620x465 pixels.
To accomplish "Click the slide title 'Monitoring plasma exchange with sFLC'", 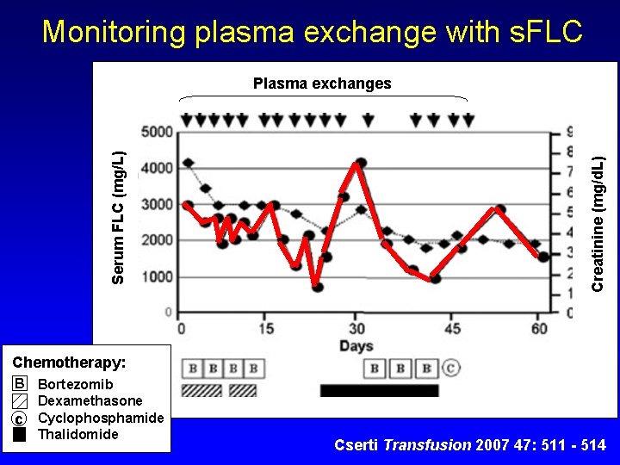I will (x=312, y=32).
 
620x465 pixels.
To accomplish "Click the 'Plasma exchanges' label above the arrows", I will (x=321, y=84).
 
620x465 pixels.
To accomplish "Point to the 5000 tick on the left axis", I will (x=157, y=132).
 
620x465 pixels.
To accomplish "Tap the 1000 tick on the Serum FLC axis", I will (x=157, y=276).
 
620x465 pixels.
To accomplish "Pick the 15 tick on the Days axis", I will (x=266, y=328).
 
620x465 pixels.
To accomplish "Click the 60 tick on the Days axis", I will (x=539, y=328).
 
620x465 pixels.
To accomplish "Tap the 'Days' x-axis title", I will (x=356, y=346).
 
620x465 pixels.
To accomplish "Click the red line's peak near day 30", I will (x=361, y=163).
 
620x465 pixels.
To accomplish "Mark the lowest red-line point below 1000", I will (x=318, y=287).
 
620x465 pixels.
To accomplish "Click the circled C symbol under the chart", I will (x=451, y=369).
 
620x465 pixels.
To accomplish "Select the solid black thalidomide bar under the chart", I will (x=379, y=391).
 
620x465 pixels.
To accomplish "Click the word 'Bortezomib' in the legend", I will (x=76, y=384).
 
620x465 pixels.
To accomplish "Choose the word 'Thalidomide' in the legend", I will (x=78, y=434).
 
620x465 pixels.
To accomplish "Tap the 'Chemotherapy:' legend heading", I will (x=69, y=363).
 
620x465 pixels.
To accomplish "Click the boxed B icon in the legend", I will (x=20, y=384).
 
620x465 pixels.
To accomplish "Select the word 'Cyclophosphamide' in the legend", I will (x=101, y=418).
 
